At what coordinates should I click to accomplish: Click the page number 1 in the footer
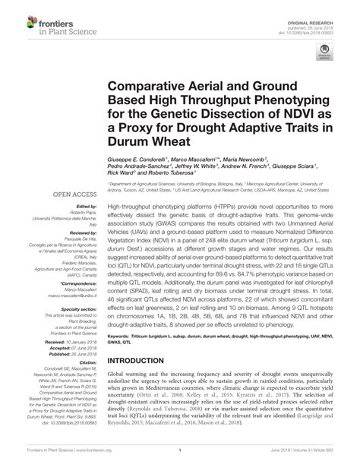click(180, 460)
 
